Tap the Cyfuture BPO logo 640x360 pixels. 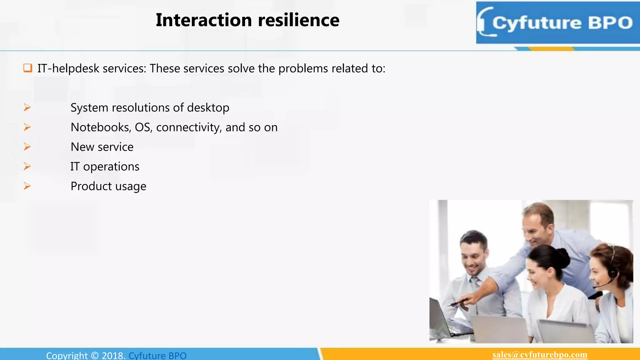pos(558,23)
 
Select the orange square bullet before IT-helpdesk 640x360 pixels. pos(28,68)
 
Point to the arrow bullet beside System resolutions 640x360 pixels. pos(27,107)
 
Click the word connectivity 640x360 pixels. pos(189,127)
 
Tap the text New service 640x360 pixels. pos(102,147)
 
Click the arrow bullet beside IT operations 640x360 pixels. pos(27,166)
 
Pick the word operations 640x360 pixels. pos(111,167)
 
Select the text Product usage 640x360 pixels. pos(108,186)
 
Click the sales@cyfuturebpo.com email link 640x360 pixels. pos(540,355)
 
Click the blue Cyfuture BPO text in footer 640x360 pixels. pos(157,356)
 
